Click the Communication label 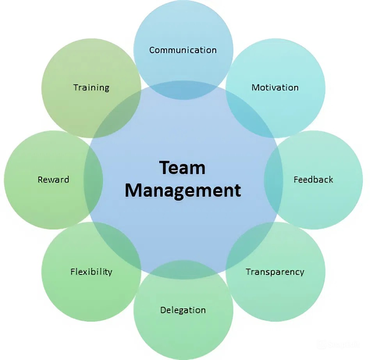tap(183, 50)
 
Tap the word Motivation tap(275, 87)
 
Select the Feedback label tap(313, 180)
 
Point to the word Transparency tap(275, 272)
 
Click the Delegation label tap(183, 310)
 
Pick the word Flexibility tap(91, 272)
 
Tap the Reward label tap(53, 180)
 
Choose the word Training tap(91, 87)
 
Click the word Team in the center tap(182, 168)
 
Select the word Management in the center tap(183, 191)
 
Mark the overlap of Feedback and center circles tap(274, 180)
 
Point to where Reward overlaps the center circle tap(93, 180)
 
